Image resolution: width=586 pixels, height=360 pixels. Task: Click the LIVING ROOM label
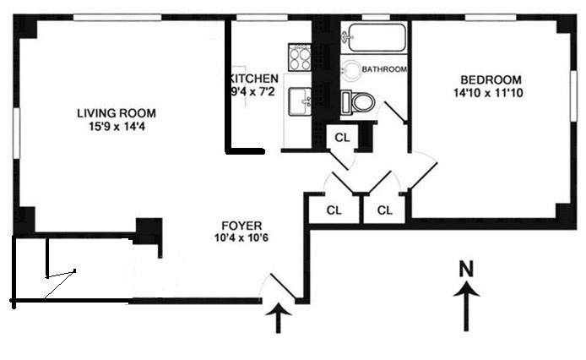click(x=117, y=113)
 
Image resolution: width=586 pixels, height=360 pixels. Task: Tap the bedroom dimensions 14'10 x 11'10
click(x=488, y=93)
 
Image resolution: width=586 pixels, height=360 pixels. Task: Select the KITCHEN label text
click(x=253, y=79)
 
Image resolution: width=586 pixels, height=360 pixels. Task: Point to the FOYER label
click(x=241, y=226)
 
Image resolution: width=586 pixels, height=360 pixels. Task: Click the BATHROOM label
click(x=384, y=69)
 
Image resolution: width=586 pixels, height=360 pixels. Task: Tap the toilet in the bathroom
click(x=358, y=101)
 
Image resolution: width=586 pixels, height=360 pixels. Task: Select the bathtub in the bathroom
click(x=373, y=37)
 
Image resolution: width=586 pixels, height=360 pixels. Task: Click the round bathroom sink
click(x=350, y=70)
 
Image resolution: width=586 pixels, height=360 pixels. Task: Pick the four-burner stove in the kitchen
click(x=300, y=57)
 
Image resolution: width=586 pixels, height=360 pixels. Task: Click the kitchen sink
click(x=300, y=101)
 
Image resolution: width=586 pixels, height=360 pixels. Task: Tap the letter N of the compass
click(x=466, y=269)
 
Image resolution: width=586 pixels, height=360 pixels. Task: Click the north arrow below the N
click(x=466, y=307)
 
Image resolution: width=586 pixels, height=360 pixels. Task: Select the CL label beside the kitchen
click(x=342, y=138)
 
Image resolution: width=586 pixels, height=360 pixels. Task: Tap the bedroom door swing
click(x=424, y=171)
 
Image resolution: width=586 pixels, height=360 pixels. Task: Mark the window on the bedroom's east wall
click(x=573, y=95)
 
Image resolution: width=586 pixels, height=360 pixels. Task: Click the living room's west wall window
click(x=16, y=133)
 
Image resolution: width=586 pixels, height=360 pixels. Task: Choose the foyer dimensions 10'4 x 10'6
click(x=241, y=237)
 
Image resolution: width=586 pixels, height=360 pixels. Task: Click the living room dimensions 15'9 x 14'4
click(x=117, y=127)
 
